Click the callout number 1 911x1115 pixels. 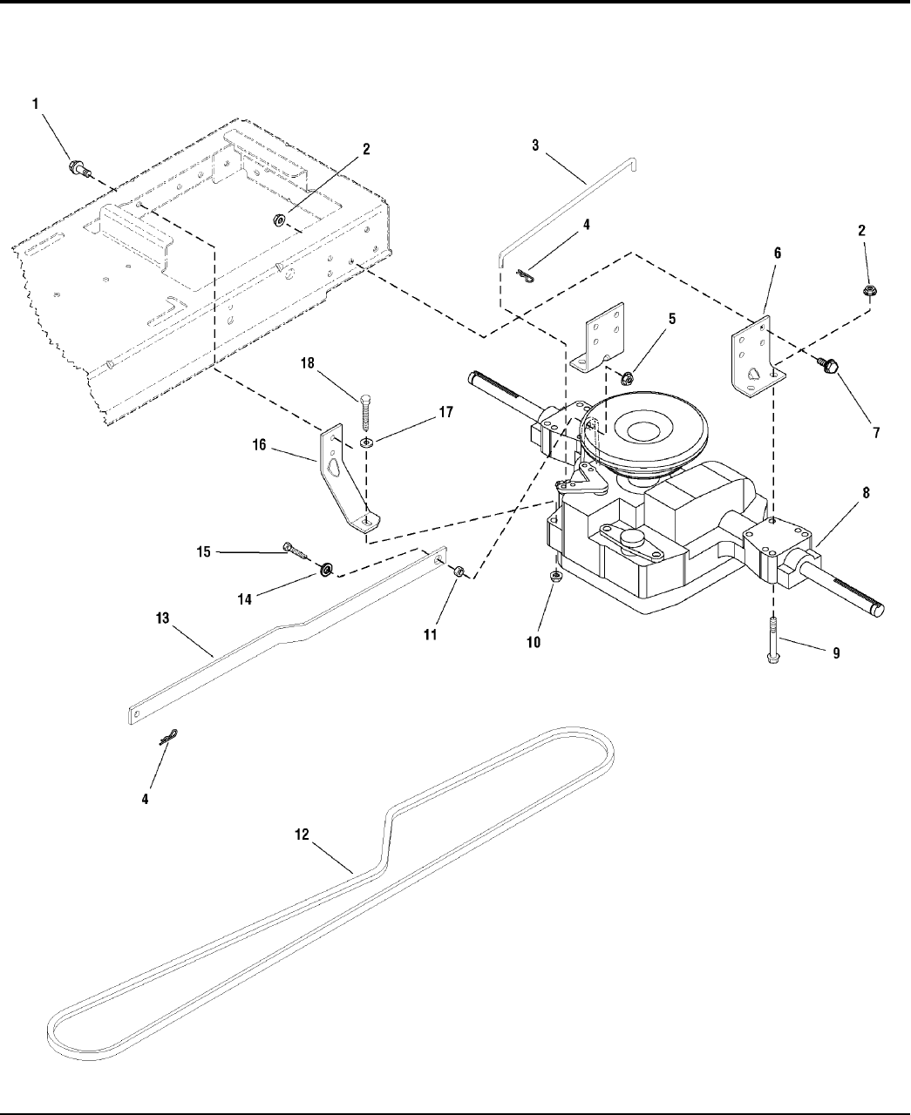36,105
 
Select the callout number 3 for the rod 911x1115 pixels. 535,145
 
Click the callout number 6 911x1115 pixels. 777,253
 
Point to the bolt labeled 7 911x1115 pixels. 828,365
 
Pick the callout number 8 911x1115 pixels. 866,493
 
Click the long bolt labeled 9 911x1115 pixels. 773,639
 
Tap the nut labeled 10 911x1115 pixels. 555,577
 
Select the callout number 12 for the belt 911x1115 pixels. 302,835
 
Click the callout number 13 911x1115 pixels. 162,618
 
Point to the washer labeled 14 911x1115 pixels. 325,570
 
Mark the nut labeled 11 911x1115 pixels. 459,571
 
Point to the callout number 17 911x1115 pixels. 446,412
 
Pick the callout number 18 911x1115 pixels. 308,363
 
